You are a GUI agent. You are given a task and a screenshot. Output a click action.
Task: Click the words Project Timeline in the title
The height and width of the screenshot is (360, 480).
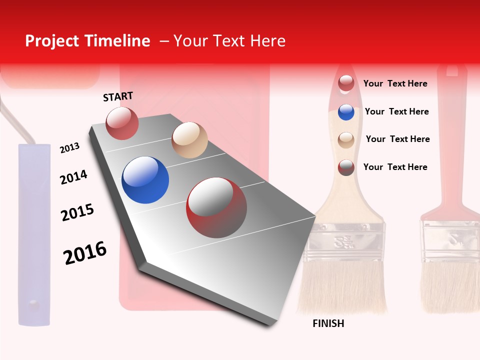click(x=87, y=41)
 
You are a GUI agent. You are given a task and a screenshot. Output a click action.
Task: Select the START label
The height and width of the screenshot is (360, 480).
click(x=118, y=96)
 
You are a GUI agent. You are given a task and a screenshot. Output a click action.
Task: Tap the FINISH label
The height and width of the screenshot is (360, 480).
click(x=328, y=323)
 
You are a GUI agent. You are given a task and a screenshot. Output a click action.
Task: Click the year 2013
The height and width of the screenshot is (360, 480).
click(x=69, y=147)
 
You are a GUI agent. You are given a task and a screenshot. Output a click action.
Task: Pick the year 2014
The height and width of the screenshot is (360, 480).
click(x=73, y=177)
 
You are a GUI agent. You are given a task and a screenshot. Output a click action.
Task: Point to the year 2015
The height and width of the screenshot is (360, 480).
click(x=77, y=212)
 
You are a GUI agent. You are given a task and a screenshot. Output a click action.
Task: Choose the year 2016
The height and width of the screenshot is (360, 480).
click(x=85, y=252)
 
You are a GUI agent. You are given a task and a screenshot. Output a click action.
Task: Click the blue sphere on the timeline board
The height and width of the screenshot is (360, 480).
click(x=145, y=180)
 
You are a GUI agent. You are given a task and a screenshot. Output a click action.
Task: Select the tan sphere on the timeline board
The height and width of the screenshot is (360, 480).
click(x=189, y=140)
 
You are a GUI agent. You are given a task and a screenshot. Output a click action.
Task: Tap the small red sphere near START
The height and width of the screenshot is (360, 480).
click(x=122, y=123)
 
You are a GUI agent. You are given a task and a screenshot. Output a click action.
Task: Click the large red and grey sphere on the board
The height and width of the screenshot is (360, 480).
click(x=216, y=207)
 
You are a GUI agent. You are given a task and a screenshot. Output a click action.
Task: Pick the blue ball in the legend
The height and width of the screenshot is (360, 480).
click(x=346, y=112)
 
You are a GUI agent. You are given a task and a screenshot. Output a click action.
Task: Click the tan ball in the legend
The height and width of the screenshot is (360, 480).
click(x=346, y=139)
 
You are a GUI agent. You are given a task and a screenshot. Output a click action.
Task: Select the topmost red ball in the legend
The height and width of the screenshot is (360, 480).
click(x=346, y=83)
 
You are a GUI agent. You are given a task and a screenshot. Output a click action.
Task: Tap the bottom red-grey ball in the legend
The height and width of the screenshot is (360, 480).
click(x=346, y=167)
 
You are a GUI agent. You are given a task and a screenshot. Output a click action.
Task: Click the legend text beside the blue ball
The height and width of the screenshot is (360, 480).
click(x=396, y=111)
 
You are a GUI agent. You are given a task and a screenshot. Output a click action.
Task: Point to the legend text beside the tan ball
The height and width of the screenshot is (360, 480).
click(x=397, y=139)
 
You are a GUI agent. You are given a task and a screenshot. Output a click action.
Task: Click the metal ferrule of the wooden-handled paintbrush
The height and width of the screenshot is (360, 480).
click(x=346, y=240)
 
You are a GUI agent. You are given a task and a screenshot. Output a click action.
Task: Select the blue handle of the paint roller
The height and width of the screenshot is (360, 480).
click(x=34, y=235)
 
